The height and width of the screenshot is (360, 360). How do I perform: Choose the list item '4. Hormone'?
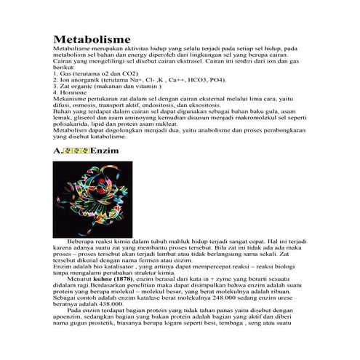point(69,92)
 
